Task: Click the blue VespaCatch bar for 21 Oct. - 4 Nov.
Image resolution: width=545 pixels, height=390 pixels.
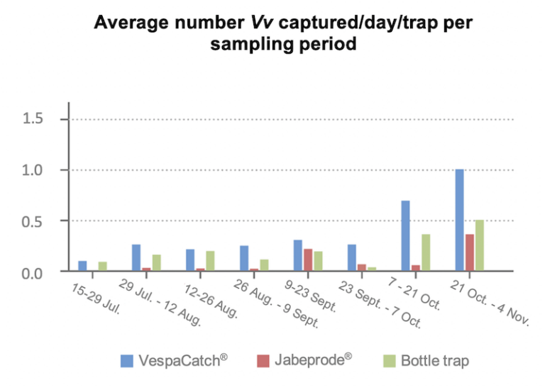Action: click(459, 220)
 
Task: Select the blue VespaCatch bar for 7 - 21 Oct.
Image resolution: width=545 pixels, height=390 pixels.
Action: click(405, 235)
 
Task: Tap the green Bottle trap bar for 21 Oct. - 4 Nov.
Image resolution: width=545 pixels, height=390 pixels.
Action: click(480, 245)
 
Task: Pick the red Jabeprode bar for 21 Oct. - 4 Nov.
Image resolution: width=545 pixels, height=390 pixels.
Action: click(469, 252)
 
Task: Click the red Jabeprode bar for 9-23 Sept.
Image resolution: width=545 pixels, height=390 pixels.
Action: click(308, 260)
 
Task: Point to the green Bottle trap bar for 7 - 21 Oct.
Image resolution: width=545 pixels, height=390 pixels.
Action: click(426, 252)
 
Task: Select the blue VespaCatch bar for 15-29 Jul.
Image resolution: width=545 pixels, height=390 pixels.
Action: click(82, 266)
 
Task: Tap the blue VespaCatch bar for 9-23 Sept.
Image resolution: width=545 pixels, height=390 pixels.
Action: click(298, 255)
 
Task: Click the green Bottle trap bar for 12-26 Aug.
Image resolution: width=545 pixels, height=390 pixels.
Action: click(210, 261)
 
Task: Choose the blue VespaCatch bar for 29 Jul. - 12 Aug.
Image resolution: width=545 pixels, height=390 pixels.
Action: click(136, 257)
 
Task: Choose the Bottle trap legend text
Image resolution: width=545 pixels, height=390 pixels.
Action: click(435, 361)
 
